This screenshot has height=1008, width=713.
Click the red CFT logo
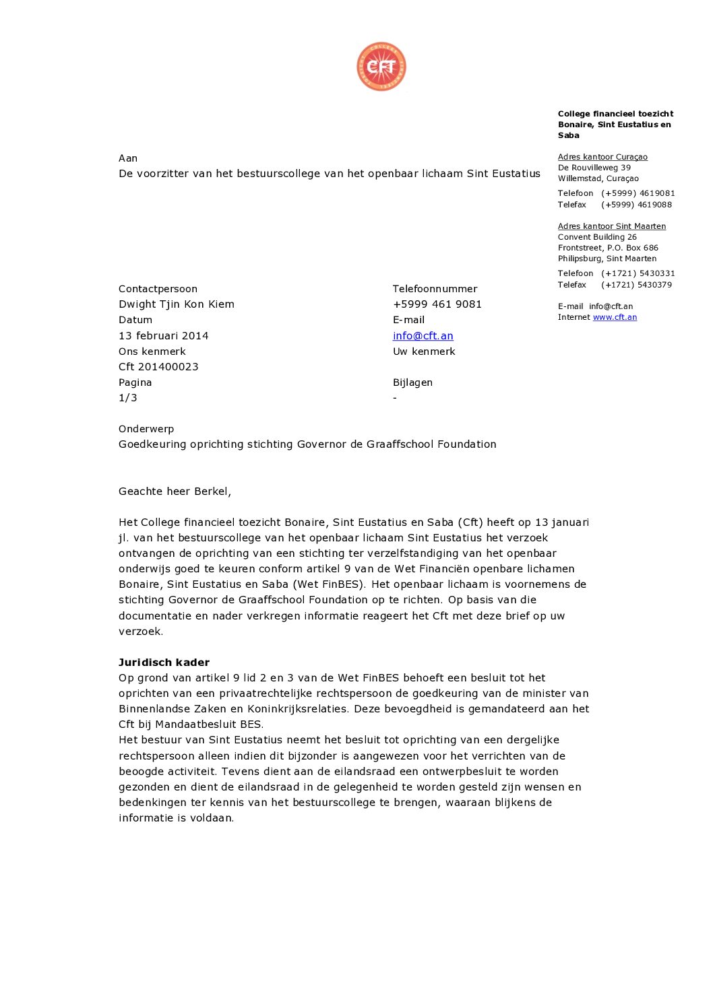click(x=381, y=67)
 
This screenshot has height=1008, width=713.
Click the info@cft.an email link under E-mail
click(x=423, y=335)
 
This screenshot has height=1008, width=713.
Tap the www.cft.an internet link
click(x=615, y=317)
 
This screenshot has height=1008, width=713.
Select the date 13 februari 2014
click(x=163, y=335)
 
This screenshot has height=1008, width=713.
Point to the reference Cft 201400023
click(x=158, y=366)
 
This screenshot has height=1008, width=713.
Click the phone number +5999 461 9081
click(x=437, y=304)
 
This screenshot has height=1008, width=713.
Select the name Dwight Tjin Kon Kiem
click(x=176, y=304)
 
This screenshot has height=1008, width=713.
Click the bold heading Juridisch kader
click(x=164, y=662)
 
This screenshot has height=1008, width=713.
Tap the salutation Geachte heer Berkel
click(x=175, y=491)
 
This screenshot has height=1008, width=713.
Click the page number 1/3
click(x=128, y=397)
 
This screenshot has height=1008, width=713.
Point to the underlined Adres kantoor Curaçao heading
click(x=602, y=157)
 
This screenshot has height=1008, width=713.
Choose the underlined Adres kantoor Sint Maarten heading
click(x=611, y=226)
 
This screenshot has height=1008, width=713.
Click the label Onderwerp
click(x=146, y=429)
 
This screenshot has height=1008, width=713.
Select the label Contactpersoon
click(x=158, y=289)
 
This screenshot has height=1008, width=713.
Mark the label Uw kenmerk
click(x=424, y=351)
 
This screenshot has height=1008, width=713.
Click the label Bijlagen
click(x=412, y=382)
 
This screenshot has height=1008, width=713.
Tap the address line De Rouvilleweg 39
click(x=594, y=168)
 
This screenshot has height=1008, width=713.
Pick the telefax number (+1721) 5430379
click(x=636, y=285)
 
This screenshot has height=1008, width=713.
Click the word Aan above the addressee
click(x=128, y=158)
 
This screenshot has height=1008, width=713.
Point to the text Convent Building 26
click(x=597, y=237)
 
